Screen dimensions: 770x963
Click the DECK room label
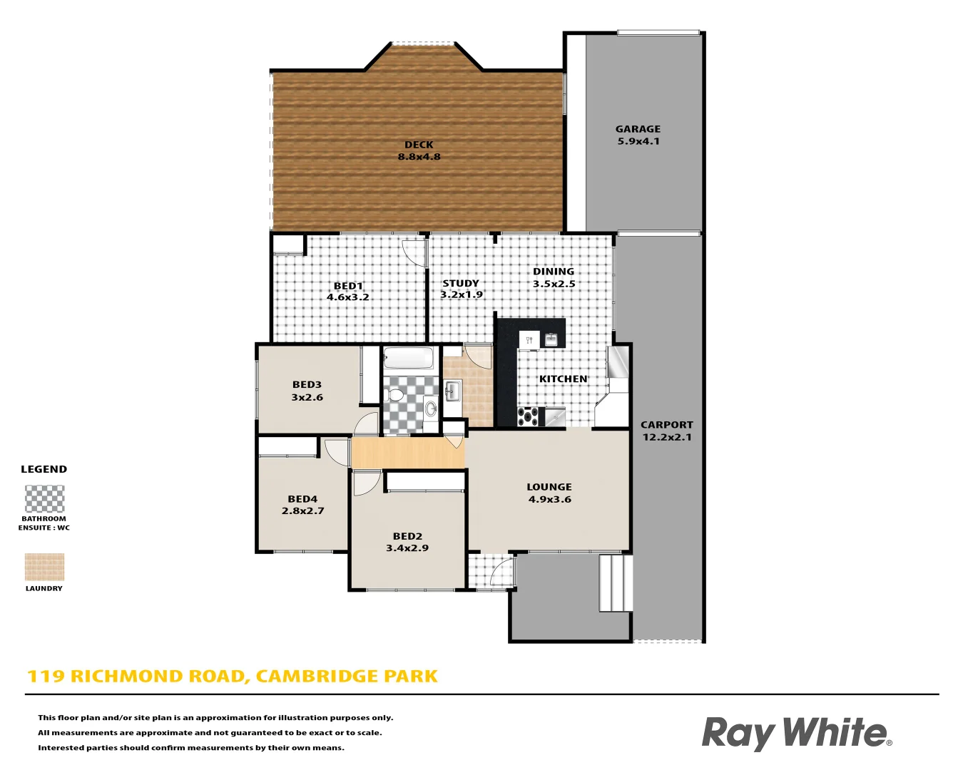(x=419, y=145)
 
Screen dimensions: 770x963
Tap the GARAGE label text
(x=638, y=129)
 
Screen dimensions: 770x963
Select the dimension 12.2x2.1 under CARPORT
(x=667, y=437)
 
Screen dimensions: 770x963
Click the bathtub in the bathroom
(x=408, y=357)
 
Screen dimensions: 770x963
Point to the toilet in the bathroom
(x=394, y=394)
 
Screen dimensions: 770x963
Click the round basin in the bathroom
(x=430, y=409)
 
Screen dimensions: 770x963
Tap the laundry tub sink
(x=452, y=390)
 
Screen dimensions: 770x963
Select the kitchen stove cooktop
(x=528, y=416)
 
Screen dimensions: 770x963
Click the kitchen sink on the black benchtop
(x=551, y=339)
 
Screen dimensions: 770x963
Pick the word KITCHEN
(x=563, y=379)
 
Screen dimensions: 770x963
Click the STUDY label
(x=461, y=283)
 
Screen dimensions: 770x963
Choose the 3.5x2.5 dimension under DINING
(x=554, y=284)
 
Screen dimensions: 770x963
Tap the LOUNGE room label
(x=549, y=487)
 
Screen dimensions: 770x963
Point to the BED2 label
(x=407, y=536)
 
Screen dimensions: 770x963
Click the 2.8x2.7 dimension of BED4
(x=302, y=510)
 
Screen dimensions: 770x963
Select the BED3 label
(x=307, y=385)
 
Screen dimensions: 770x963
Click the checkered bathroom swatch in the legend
(x=44, y=499)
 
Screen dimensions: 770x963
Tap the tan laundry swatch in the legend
(x=44, y=568)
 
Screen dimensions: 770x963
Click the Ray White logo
(x=796, y=733)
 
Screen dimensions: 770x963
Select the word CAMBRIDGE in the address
(x=310, y=677)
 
